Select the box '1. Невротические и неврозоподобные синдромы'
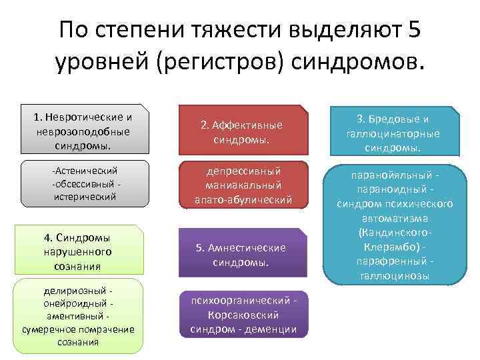click(x=84, y=131)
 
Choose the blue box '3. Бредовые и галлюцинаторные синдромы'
click(x=397, y=132)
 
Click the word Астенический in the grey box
click(x=85, y=171)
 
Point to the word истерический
click(x=84, y=197)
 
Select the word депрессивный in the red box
click(x=243, y=171)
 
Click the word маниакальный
click(x=243, y=185)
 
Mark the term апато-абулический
click(x=243, y=199)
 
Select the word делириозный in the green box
click(x=75, y=291)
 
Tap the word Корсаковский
click(x=243, y=315)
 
